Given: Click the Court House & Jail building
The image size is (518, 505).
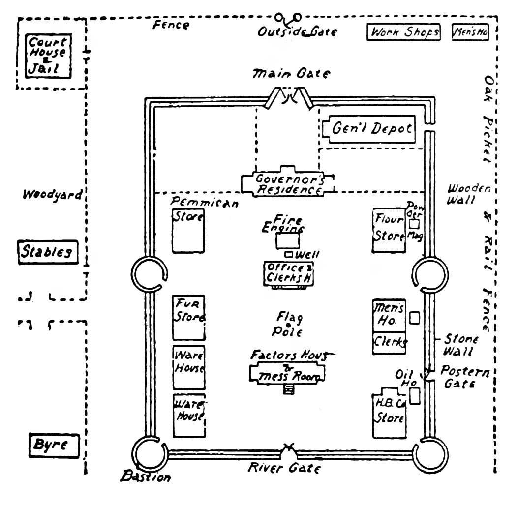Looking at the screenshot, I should point(48,56).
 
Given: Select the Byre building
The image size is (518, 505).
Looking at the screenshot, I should point(54,446).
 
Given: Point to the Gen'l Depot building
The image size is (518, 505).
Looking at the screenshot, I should point(371,129).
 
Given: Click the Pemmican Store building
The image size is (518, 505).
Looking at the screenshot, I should point(188,231).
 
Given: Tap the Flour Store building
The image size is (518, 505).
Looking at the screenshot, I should point(389,230).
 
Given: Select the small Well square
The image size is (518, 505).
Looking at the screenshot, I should point(290,254).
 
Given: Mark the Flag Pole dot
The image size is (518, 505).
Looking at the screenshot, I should point(287,324).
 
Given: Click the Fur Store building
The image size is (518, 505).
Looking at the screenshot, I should point(188,317).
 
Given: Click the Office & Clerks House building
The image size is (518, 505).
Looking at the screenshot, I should point(289,273).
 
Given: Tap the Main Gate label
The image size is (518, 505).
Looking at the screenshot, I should point(292,74).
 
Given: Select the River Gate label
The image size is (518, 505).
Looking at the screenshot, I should point(284,468).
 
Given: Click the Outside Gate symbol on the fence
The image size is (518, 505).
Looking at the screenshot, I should point(287,19).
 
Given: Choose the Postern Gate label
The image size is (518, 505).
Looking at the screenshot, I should point(464,377).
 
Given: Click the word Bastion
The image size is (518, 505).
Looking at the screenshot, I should point(146,476).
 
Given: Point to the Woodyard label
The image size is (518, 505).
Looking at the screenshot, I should point(52,195).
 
